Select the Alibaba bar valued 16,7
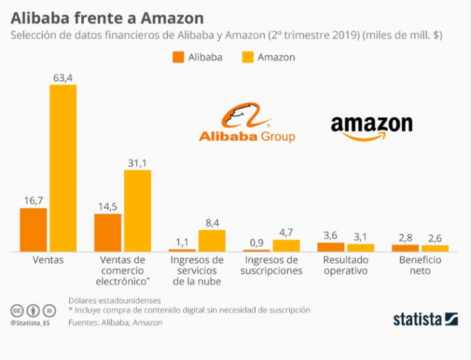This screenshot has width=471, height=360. tap(33, 230)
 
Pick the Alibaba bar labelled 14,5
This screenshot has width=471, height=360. tap(107, 232)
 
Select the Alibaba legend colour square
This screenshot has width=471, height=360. tap(179, 57)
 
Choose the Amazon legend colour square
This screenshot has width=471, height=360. tap(248, 57)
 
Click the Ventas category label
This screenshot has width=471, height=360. tap(48, 260)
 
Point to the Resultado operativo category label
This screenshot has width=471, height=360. tap(345, 265)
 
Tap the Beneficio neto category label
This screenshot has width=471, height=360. tap(420, 265)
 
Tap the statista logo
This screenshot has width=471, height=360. tap(425, 319)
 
